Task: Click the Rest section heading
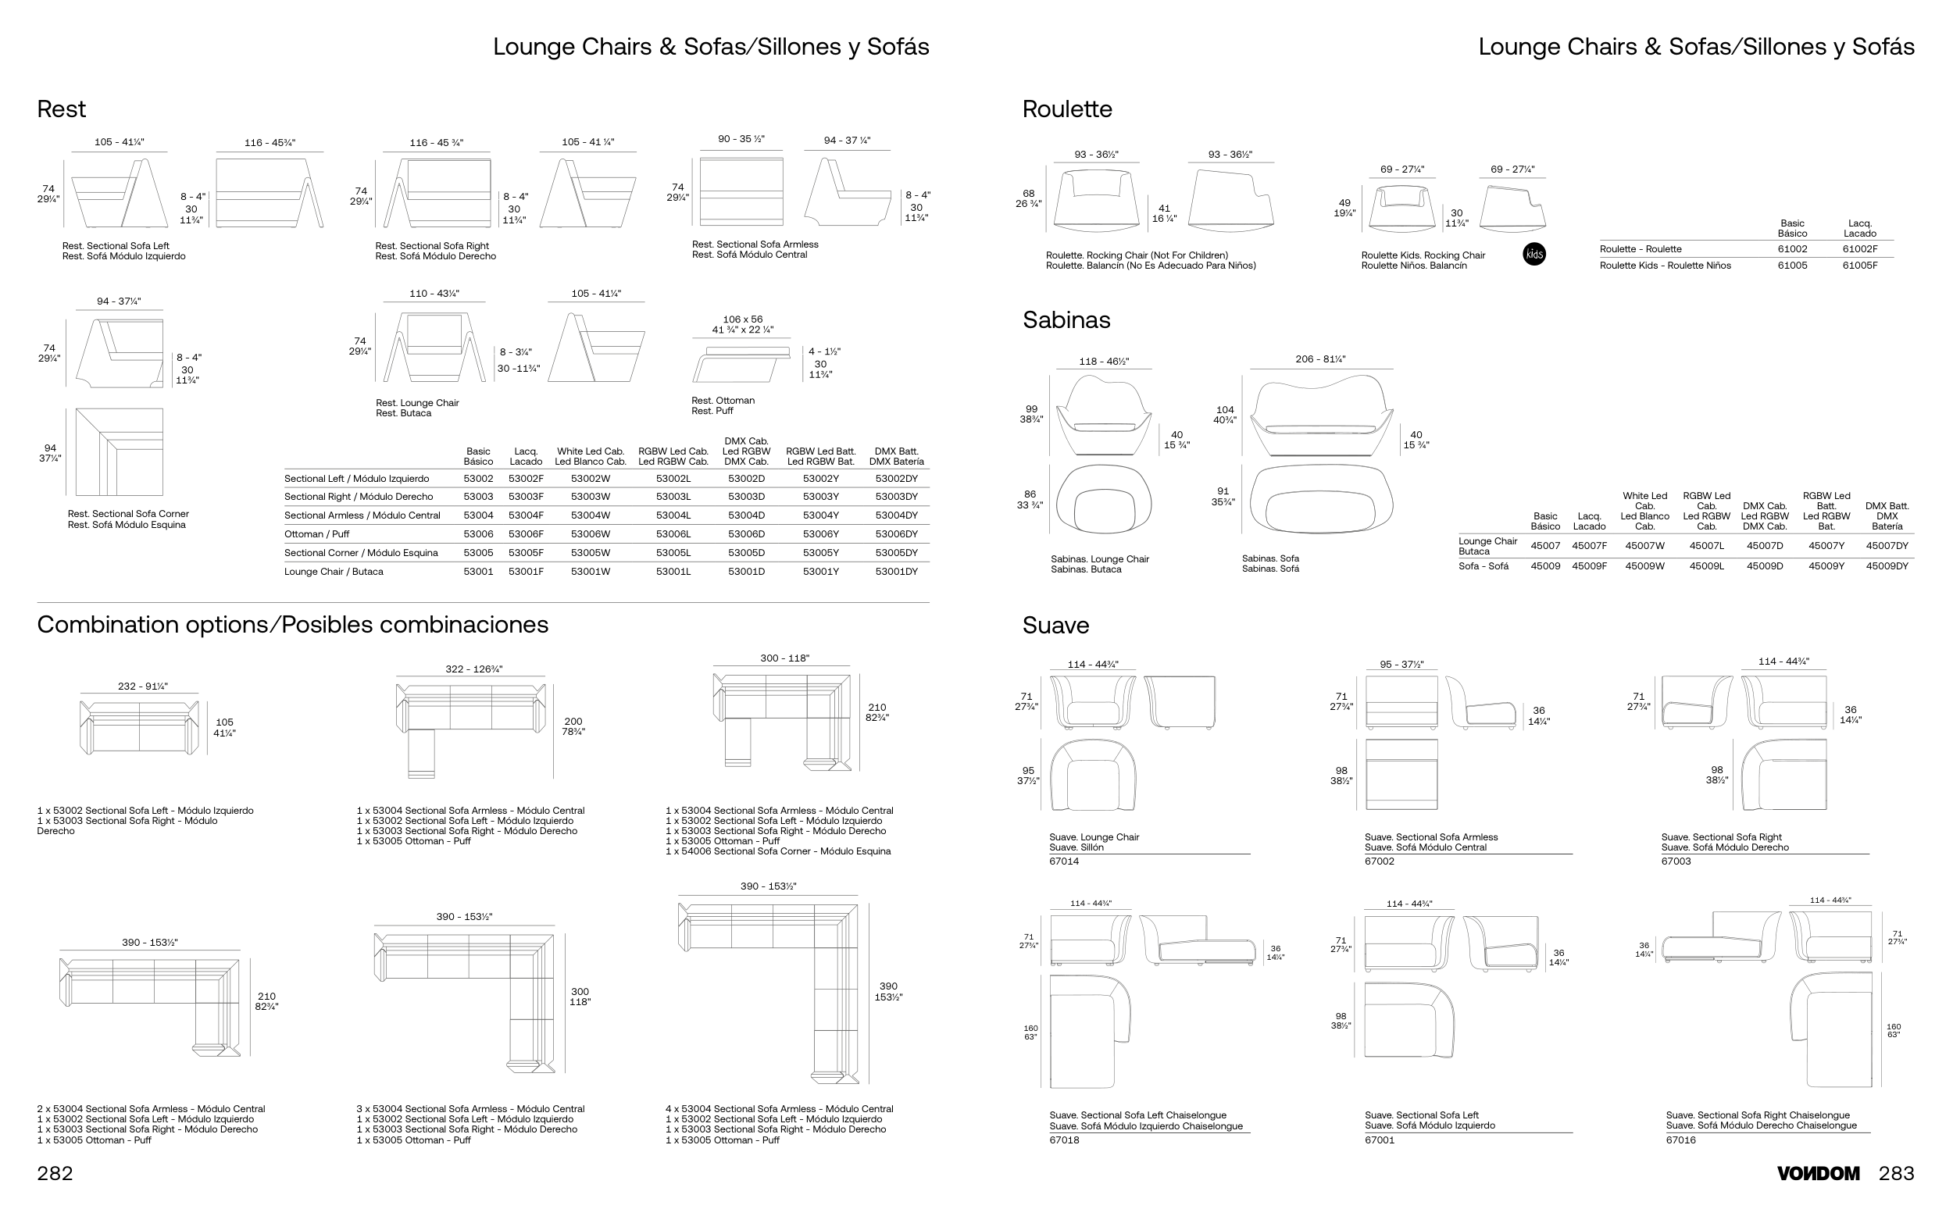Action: (61, 109)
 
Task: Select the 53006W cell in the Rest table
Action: (591, 534)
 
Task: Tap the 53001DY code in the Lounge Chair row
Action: (896, 572)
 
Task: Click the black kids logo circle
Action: (1534, 255)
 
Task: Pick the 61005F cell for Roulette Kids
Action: (1859, 266)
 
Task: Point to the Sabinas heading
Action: (1066, 320)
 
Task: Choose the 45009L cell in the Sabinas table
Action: (1706, 566)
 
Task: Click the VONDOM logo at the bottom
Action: (1818, 1173)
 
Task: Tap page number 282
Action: (55, 1173)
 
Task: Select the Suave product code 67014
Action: (1064, 861)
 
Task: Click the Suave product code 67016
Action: (1680, 1140)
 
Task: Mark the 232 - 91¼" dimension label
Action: (142, 686)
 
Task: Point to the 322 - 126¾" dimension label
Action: (473, 669)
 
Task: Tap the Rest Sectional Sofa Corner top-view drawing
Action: (120, 451)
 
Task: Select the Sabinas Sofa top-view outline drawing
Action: (1320, 498)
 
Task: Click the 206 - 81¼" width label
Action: (1319, 360)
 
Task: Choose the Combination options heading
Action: (293, 625)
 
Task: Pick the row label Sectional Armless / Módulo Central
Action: (362, 515)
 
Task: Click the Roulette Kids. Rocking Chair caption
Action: (1423, 255)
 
